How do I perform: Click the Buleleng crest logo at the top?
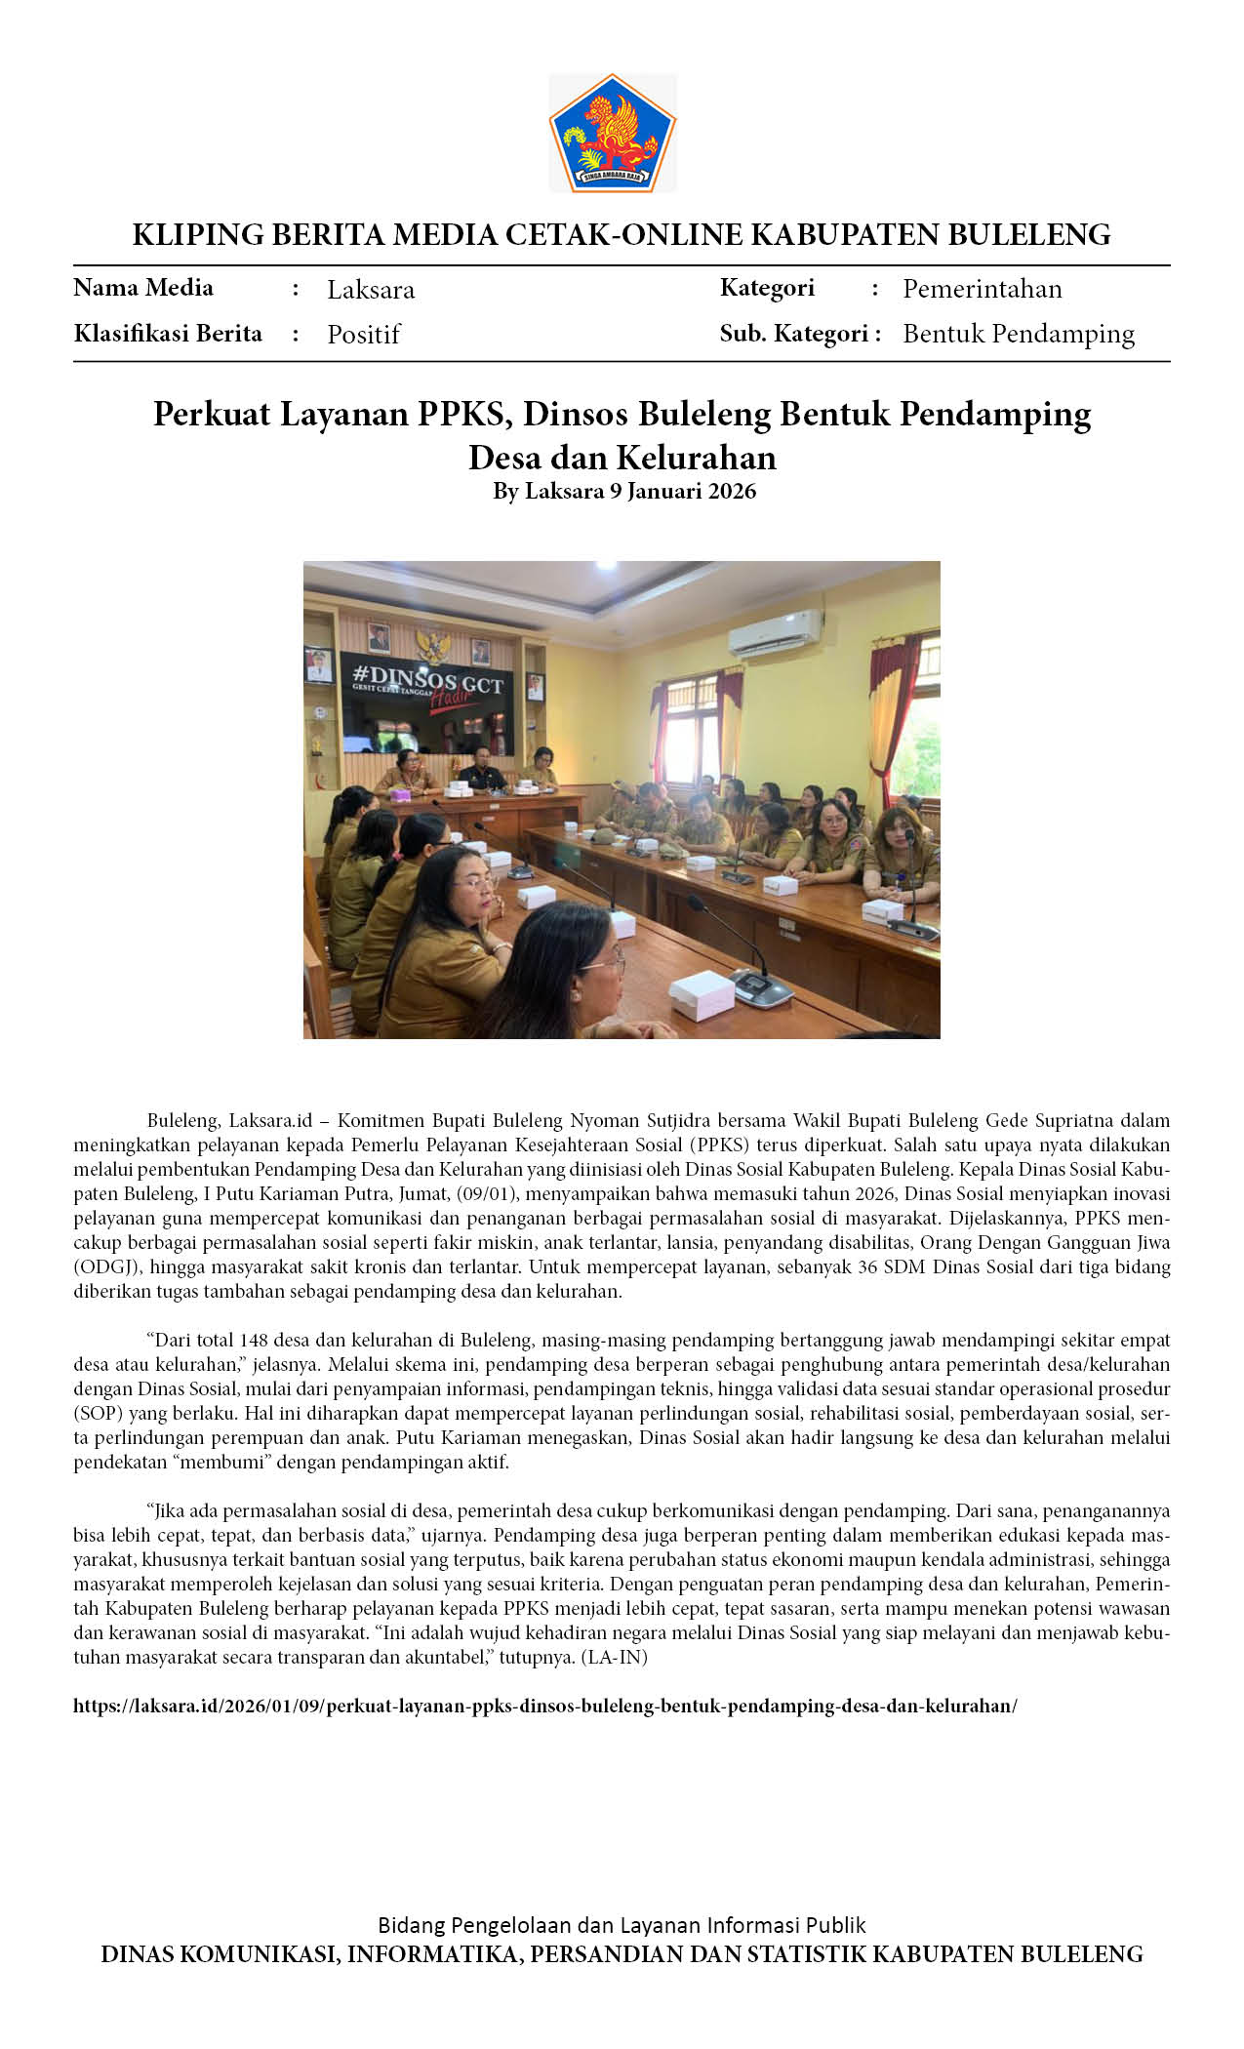[612, 133]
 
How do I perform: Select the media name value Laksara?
[371, 290]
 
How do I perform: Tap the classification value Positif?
[364, 335]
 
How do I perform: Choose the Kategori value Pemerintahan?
[982, 289]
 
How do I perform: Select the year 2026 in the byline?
[732, 491]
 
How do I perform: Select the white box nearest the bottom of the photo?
[701, 996]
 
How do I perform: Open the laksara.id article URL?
[545, 1707]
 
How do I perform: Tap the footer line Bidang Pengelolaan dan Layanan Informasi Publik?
[622, 1925]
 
